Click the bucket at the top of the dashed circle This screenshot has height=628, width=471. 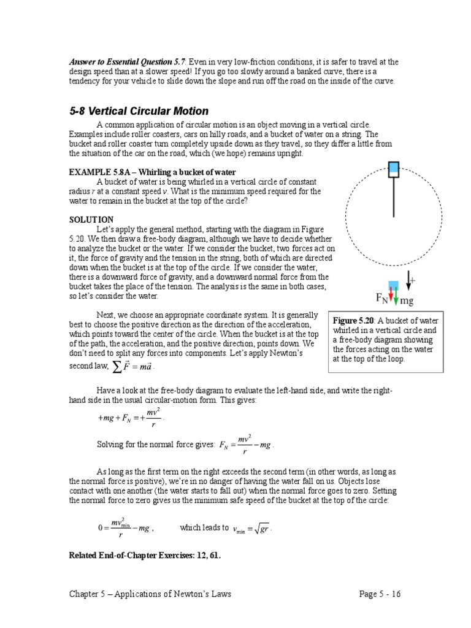(x=394, y=169)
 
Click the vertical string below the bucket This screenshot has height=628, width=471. (x=394, y=196)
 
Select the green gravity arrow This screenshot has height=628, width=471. (x=396, y=296)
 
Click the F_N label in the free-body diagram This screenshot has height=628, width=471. (x=381, y=299)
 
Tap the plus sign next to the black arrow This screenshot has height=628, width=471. (x=413, y=280)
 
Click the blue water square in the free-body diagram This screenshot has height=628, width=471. (x=394, y=285)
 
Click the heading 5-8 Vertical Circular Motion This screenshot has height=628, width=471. (x=139, y=111)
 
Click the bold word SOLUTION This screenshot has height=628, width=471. (x=91, y=219)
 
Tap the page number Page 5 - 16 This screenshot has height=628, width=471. (x=380, y=594)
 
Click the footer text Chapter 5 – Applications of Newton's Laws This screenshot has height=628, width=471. (x=150, y=594)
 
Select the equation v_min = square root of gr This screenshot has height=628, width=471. (x=252, y=528)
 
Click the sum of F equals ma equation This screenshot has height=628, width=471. (x=131, y=366)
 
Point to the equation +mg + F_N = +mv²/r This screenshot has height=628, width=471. (x=131, y=418)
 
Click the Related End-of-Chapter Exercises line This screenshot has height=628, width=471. (x=145, y=556)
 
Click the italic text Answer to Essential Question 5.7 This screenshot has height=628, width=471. (x=127, y=62)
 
